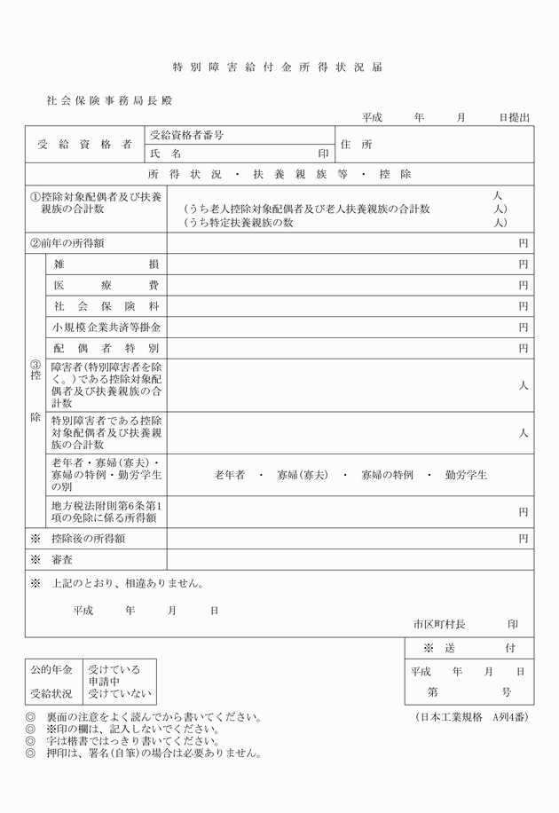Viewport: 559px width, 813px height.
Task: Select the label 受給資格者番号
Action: click(186, 136)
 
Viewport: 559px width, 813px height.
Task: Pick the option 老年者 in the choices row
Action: click(230, 476)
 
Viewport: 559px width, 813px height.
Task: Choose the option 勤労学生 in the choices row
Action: click(466, 476)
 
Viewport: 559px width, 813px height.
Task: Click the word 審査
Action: click(62, 560)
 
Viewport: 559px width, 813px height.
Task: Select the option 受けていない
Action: click(120, 694)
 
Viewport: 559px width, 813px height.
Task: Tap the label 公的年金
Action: click(51, 667)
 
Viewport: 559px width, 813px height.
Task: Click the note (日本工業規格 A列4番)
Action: click(472, 716)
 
